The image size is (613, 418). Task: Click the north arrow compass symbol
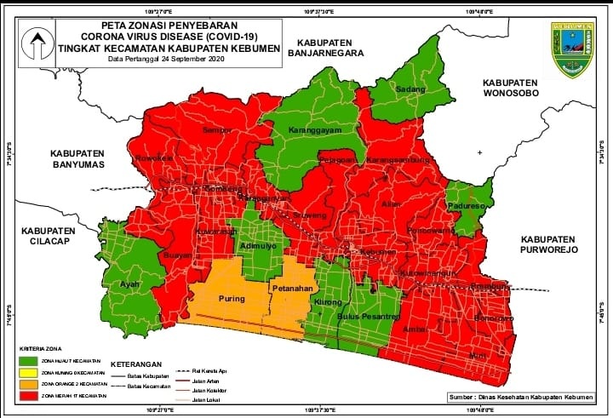pos(36,43)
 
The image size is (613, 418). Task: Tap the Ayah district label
pos(129,284)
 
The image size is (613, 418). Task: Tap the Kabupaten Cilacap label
pos(48,235)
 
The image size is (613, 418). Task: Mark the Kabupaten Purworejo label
pos(549,244)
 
